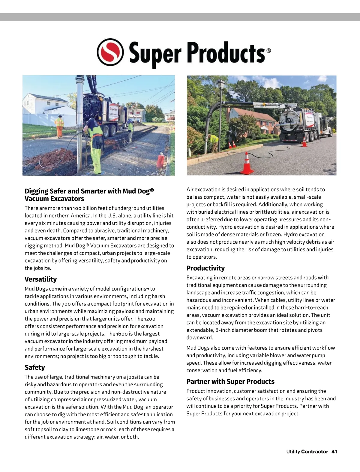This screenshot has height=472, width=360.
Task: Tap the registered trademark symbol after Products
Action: (x=268, y=51)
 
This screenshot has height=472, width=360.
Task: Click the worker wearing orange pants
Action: (x=59, y=126)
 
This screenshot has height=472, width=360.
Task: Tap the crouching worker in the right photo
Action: (x=214, y=143)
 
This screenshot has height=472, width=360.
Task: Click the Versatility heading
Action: (x=40, y=279)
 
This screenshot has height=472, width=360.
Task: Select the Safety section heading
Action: (x=34, y=367)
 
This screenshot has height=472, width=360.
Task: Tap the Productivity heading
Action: (x=205, y=268)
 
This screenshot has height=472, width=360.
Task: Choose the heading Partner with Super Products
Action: (x=230, y=381)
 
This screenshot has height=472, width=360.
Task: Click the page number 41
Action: (x=334, y=451)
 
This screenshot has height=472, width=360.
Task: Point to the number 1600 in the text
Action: (x=122, y=334)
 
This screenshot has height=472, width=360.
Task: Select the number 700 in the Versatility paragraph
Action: (x=66, y=304)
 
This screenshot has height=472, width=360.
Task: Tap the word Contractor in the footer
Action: (x=314, y=451)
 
